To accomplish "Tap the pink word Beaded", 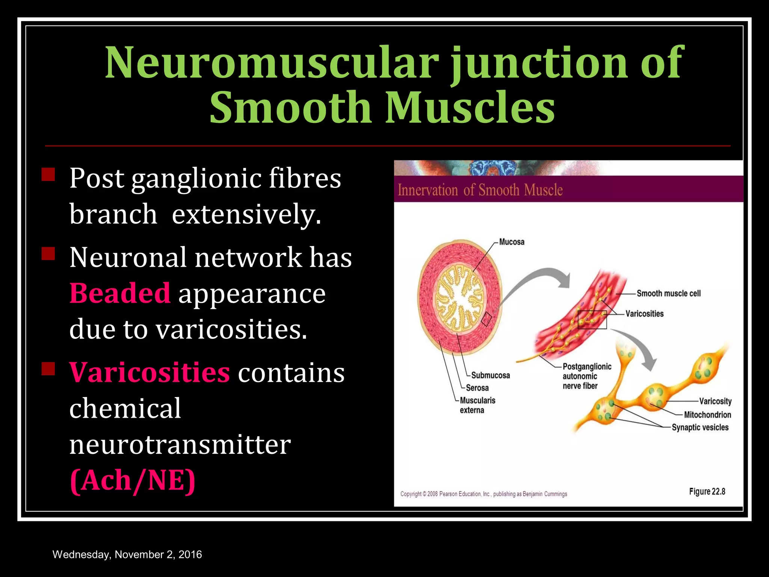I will (x=120, y=293).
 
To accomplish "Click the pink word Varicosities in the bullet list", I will (x=149, y=372).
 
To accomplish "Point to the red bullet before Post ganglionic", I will (x=48, y=175).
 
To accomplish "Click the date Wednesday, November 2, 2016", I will (x=127, y=554).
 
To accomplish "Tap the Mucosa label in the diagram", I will (x=511, y=242).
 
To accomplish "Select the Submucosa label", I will (x=490, y=375).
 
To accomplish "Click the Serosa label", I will (x=477, y=388).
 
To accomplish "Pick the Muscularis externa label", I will (x=477, y=405).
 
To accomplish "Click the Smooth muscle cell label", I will (x=668, y=293).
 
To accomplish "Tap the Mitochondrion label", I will (x=707, y=415).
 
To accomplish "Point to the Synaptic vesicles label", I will (x=700, y=427).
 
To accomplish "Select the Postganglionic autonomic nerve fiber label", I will (x=587, y=376).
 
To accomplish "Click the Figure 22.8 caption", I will (x=707, y=491).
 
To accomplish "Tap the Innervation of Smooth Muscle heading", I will (x=480, y=190).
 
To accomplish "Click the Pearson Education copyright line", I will (x=484, y=494).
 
